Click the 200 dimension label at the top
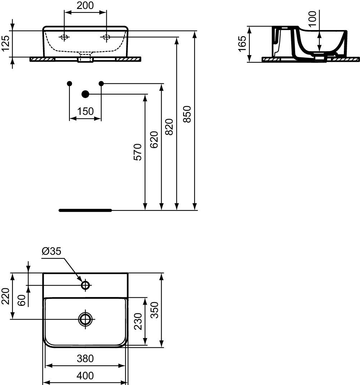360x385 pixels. pyautogui.click(x=85, y=5)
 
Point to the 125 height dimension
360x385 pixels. pyautogui.click(x=5, y=43)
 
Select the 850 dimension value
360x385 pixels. pyautogui.click(x=187, y=114)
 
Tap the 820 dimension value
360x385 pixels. pyautogui.click(x=169, y=127)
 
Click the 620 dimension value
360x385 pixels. pyautogui.click(x=154, y=140)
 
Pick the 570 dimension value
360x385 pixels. pyautogui.click(x=138, y=152)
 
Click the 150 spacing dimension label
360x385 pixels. pyautogui.click(x=86, y=112)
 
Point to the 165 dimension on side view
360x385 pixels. pyautogui.click(x=242, y=44)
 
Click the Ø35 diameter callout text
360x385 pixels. pyautogui.click(x=51, y=251)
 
